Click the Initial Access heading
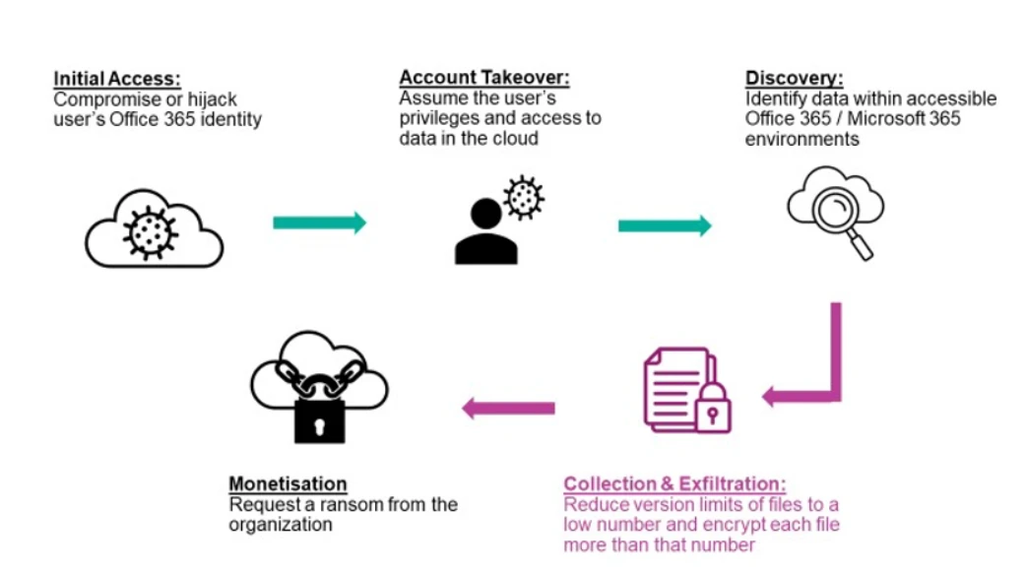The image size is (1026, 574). [x=116, y=78]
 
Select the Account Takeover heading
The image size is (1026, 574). [x=483, y=77]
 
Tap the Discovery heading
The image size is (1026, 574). [x=794, y=78]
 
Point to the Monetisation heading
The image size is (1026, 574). [x=288, y=483]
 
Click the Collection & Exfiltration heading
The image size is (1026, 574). [x=674, y=483]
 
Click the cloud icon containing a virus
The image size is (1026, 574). [x=154, y=227]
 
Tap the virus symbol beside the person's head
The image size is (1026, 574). [x=523, y=195]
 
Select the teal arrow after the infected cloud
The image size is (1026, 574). [x=319, y=223]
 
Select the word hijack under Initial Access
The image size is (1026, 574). [x=212, y=99]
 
